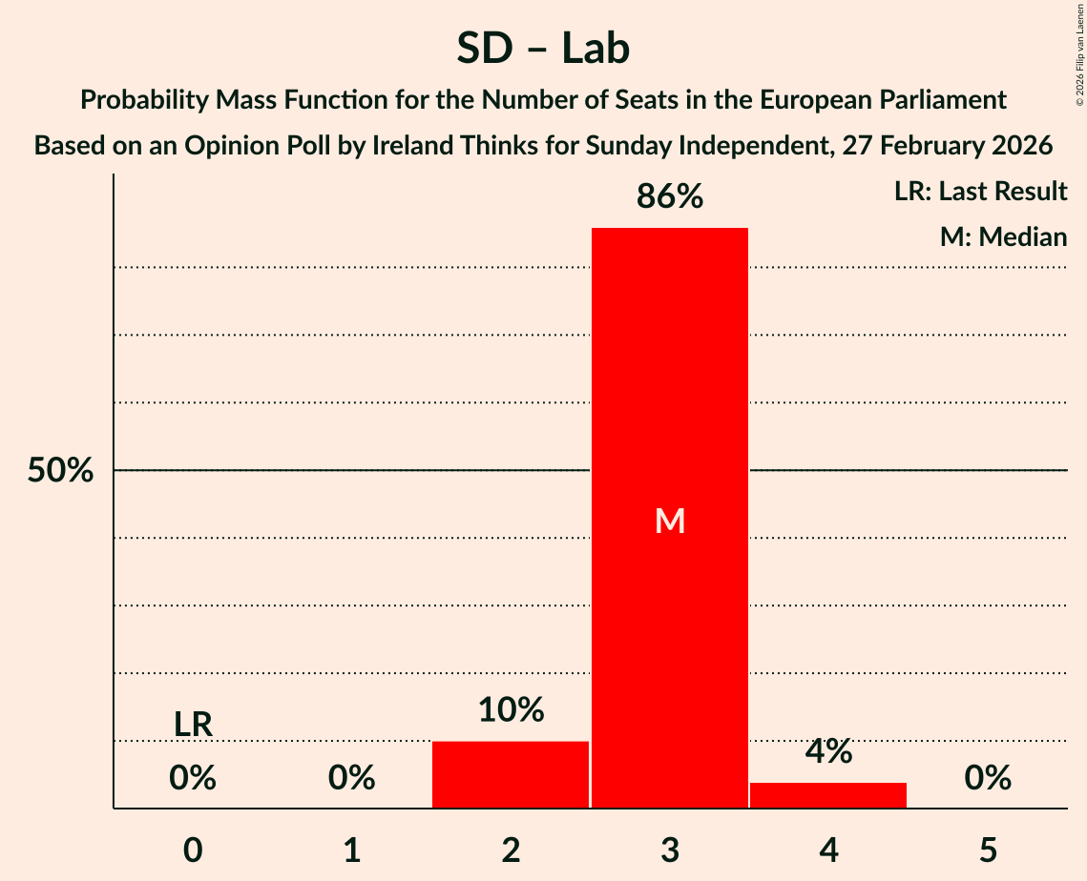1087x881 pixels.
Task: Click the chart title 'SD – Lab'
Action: [x=542, y=48]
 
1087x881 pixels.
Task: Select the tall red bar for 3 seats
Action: [x=669, y=381]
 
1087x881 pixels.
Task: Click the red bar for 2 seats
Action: [x=511, y=774]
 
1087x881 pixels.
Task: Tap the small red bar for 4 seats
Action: [x=828, y=795]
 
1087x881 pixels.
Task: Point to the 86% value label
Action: [x=669, y=196]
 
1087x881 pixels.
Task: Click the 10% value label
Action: [x=511, y=709]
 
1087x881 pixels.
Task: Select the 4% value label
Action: [x=828, y=751]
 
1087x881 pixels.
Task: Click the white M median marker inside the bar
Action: [x=670, y=521]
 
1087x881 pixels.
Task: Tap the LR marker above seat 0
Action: [x=193, y=725]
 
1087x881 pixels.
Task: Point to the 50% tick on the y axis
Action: [x=60, y=470]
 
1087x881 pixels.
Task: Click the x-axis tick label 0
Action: [x=193, y=850]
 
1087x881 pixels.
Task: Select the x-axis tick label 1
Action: [x=351, y=850]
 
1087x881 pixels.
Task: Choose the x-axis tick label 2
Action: [x=511, y=850]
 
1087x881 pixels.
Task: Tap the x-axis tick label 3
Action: [x=669, y=850]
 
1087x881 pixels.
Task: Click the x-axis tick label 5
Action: [x=987, y=850]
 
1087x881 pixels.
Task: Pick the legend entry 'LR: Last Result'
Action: [x=980, y=192]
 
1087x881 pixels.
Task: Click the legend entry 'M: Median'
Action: [x=1003, y=236]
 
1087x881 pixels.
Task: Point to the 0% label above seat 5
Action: [x=987, y=778]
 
